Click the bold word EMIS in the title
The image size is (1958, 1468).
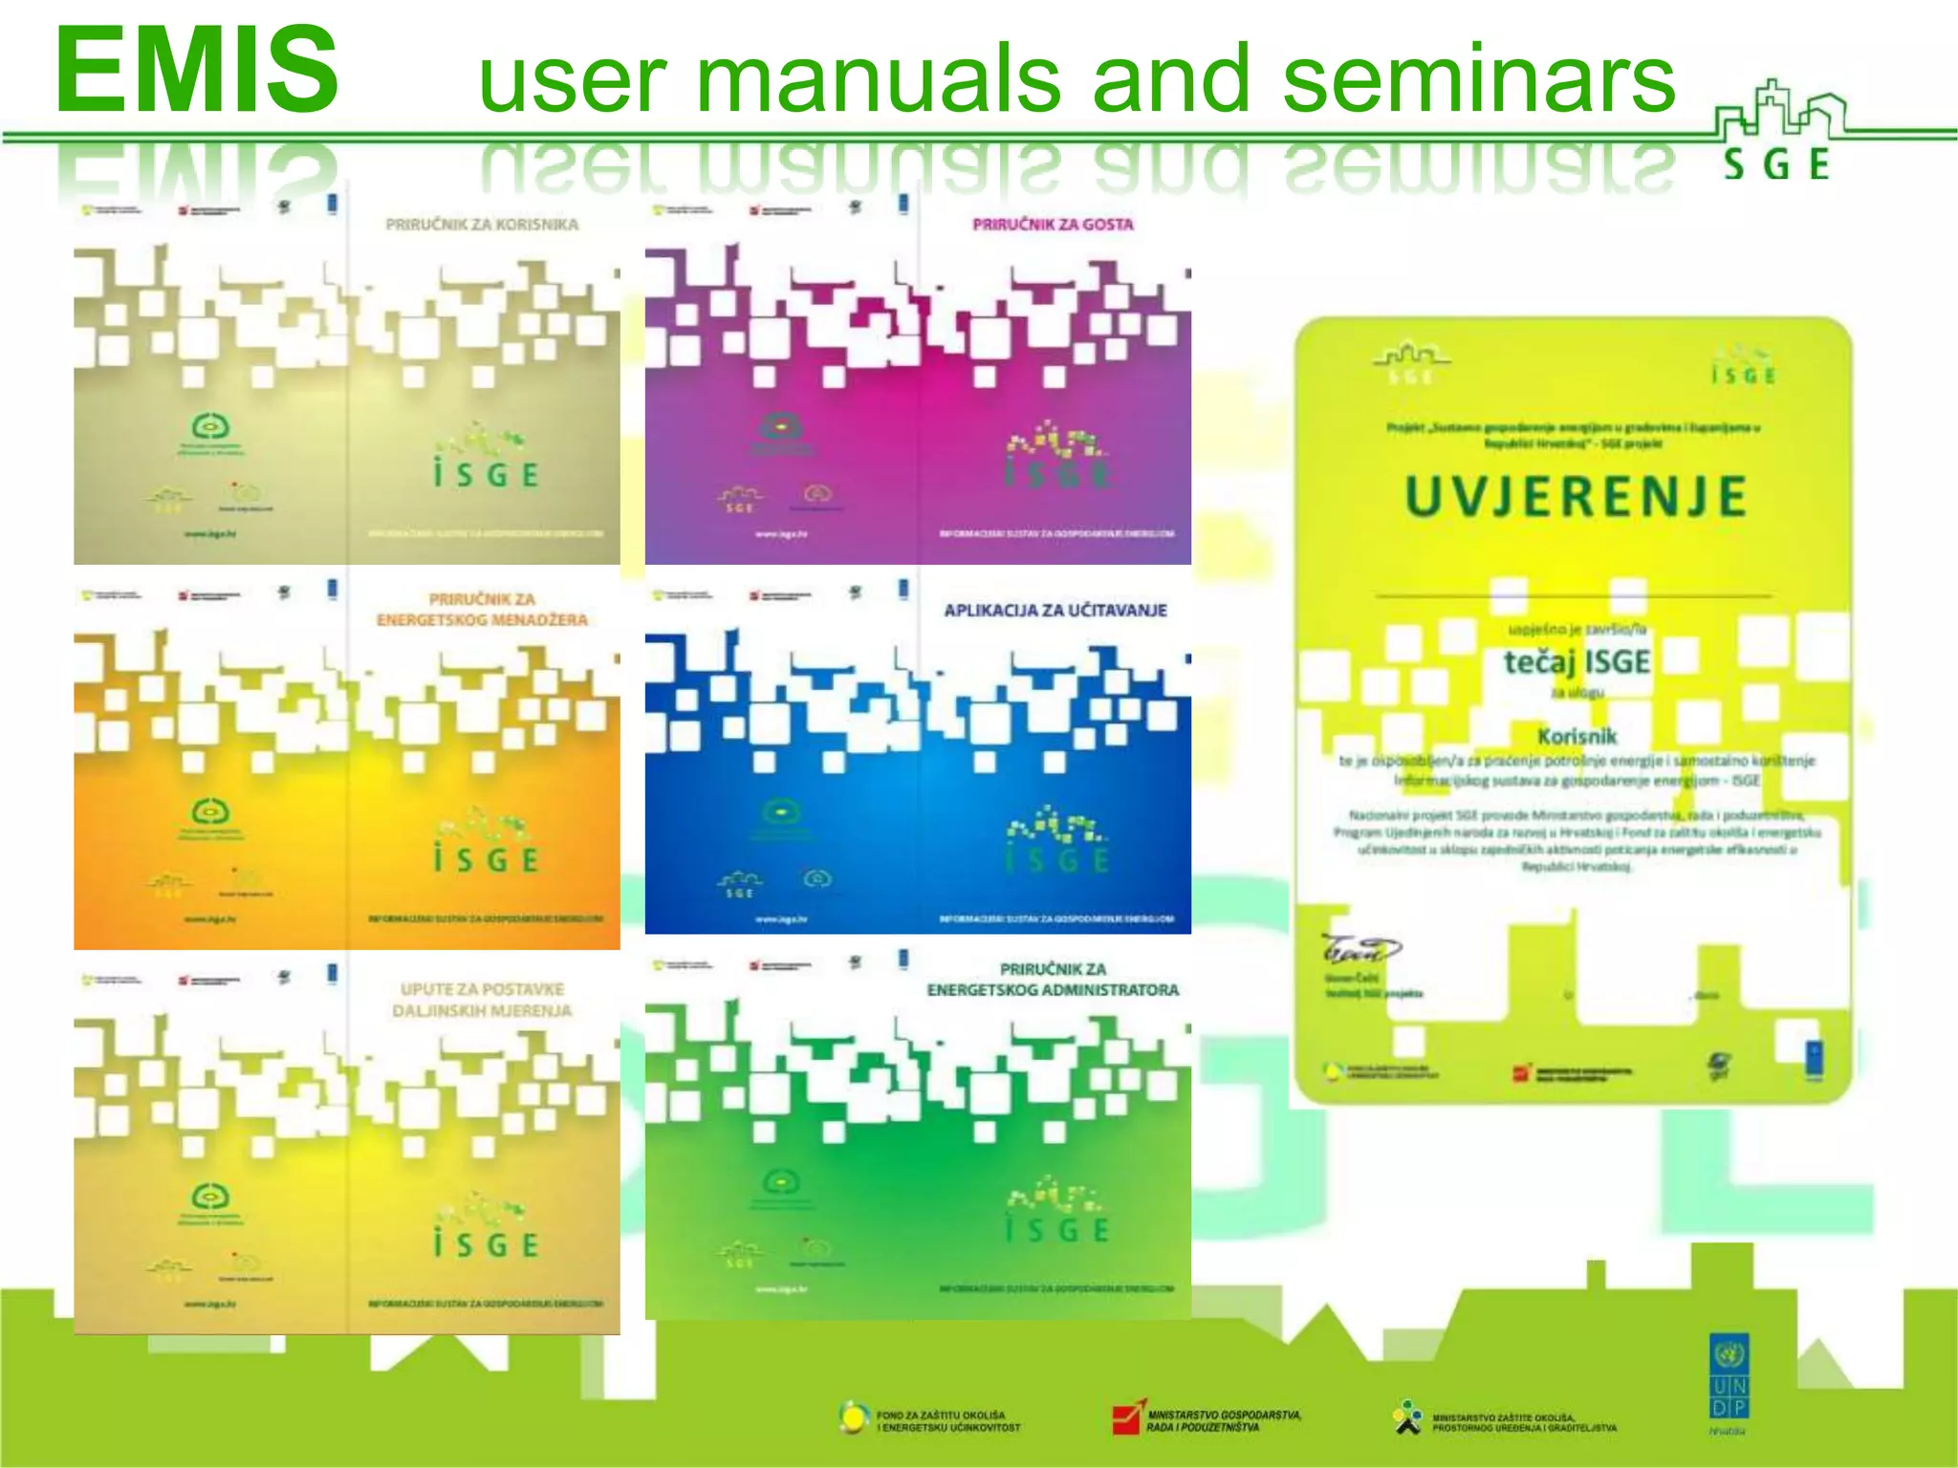[x=197, y=69]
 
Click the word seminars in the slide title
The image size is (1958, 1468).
[x=1478, y=78]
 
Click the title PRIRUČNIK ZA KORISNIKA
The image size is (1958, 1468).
[x=482, y=225]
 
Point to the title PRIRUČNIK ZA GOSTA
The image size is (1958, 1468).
[x=1053, y=225]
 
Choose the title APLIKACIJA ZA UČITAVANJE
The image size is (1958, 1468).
[x=1055, y=610]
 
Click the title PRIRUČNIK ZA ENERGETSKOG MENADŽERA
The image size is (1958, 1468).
[x=482, y=610]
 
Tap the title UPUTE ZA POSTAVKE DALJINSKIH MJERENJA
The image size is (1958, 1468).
[x=482, y=1000]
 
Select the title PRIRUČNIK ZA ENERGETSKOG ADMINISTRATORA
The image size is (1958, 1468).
[x=1053, y=980]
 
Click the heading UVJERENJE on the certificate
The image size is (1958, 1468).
[x=1576, y=497]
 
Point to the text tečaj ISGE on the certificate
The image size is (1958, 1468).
[x=1577, y=661]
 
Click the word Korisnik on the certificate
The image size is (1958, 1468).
[x=1577, y=736]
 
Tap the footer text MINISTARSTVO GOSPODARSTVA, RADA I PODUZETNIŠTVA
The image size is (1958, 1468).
[x=1224, y=1421]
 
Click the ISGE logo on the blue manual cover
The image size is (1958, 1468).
[x=1056, y=842]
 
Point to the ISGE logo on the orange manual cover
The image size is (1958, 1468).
[x=486, y=842]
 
